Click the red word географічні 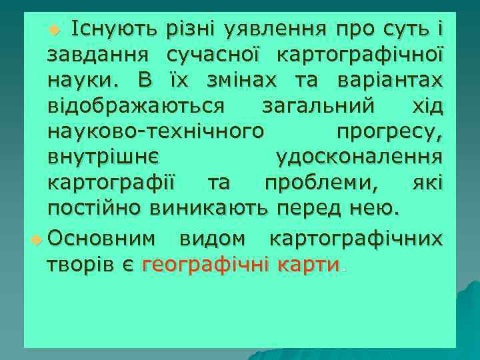click(x=204, y=264)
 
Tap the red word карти click(x=309, y=264)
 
